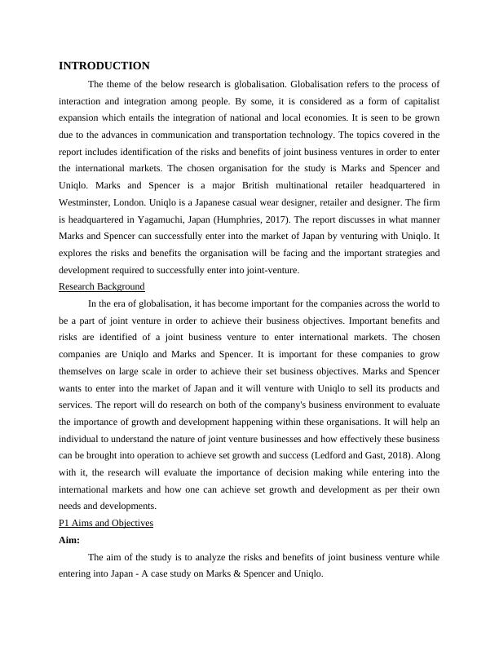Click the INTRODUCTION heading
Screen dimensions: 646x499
click(x=104, y=66)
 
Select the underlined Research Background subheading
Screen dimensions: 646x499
click(x=102, y=286)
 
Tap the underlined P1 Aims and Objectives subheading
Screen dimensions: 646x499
click(x=106, y=522)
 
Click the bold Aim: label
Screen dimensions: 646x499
click(x=71, y=540)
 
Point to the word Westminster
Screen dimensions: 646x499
click(x=87, y=201)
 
